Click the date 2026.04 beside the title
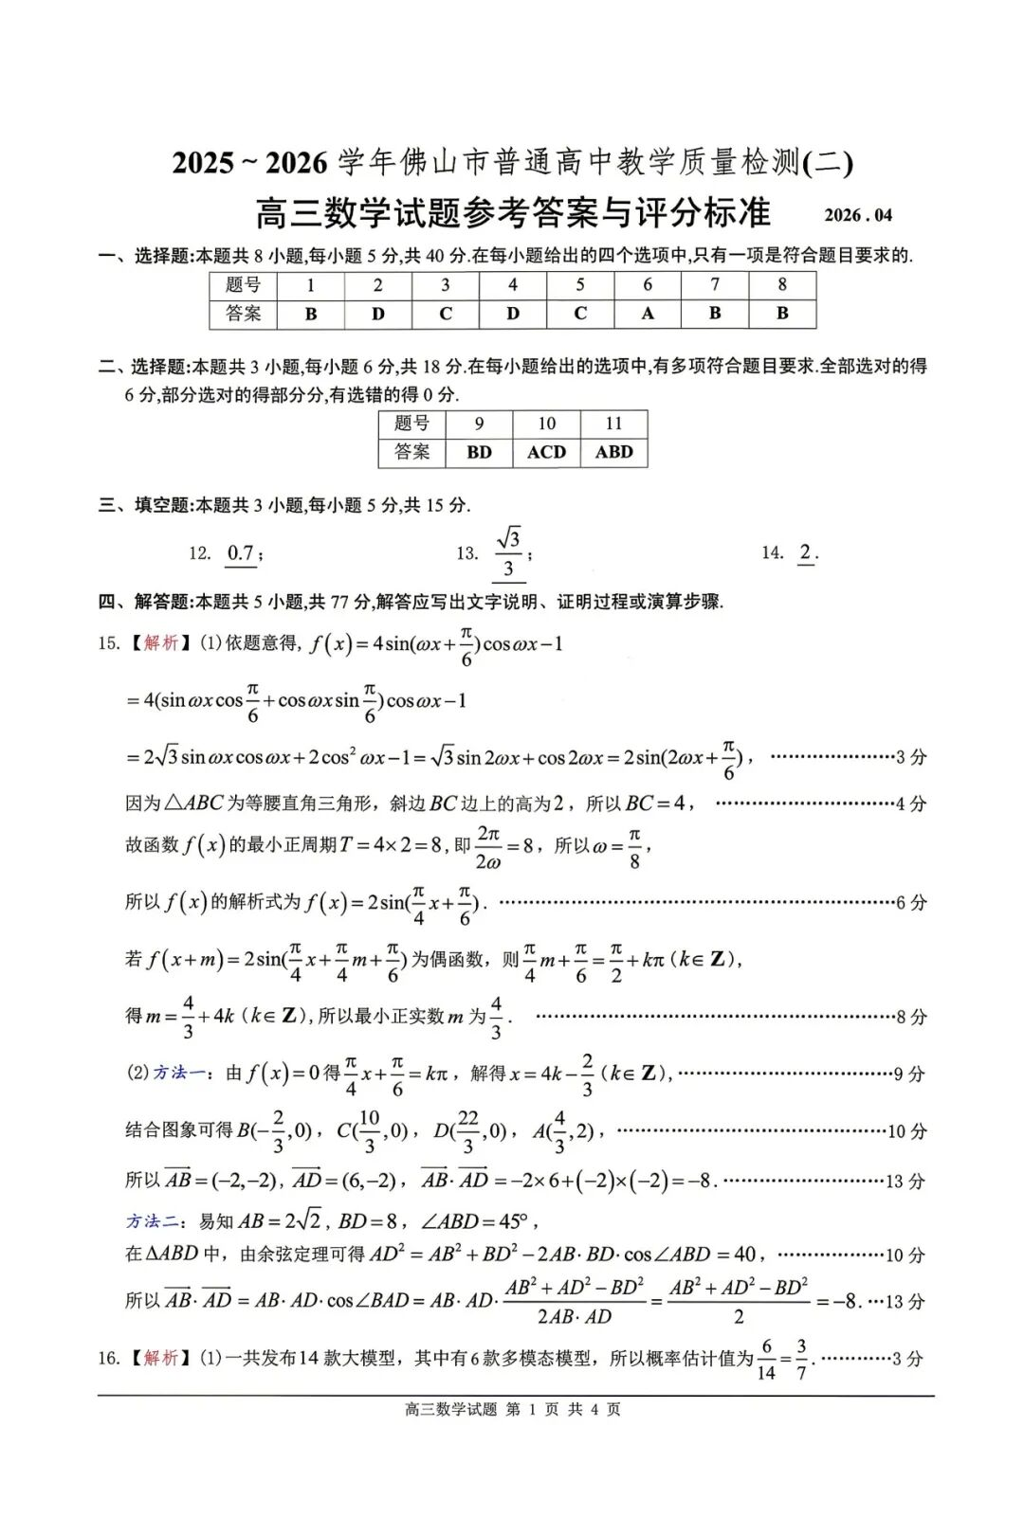click(x=857, y=215)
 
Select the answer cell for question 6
click(x=648, y=314)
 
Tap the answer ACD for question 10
click(x=546, y=452)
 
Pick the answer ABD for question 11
click(x=613, y=452)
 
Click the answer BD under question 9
click(x=479, y=452)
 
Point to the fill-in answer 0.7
click(x=241, y=553)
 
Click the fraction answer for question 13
click(x=509, y=553)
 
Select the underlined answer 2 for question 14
click(x=806, y=552)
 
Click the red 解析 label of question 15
click(x=161, y=643)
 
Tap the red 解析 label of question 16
click(x=161, y=1358)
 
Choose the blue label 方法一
click(x=179, y=1073)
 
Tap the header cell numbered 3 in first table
click(x=445, y=285)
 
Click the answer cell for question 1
click(x=310, y=314)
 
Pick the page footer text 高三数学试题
click(x=450, y=1409)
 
